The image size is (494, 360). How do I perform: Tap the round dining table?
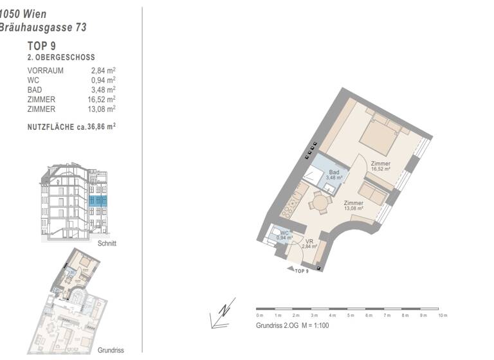pos(319,203)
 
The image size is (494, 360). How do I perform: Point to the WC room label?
pos(284,235)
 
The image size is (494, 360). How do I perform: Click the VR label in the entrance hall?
pos(309,242)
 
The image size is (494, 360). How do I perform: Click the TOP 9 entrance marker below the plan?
pos(302,271)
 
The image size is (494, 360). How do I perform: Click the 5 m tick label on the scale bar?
pos(351,316)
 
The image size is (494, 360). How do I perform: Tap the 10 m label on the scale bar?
pos(443,316)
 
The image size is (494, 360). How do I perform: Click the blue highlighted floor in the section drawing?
pos(96,201)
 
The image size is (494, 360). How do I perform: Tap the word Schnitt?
pos(107,244)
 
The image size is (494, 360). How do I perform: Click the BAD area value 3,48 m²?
pos(103,90)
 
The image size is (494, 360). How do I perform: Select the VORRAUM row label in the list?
pos(45,71)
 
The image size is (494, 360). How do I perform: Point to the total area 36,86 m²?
pos(101,127)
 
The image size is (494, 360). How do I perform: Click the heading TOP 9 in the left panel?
pos(41,46)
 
